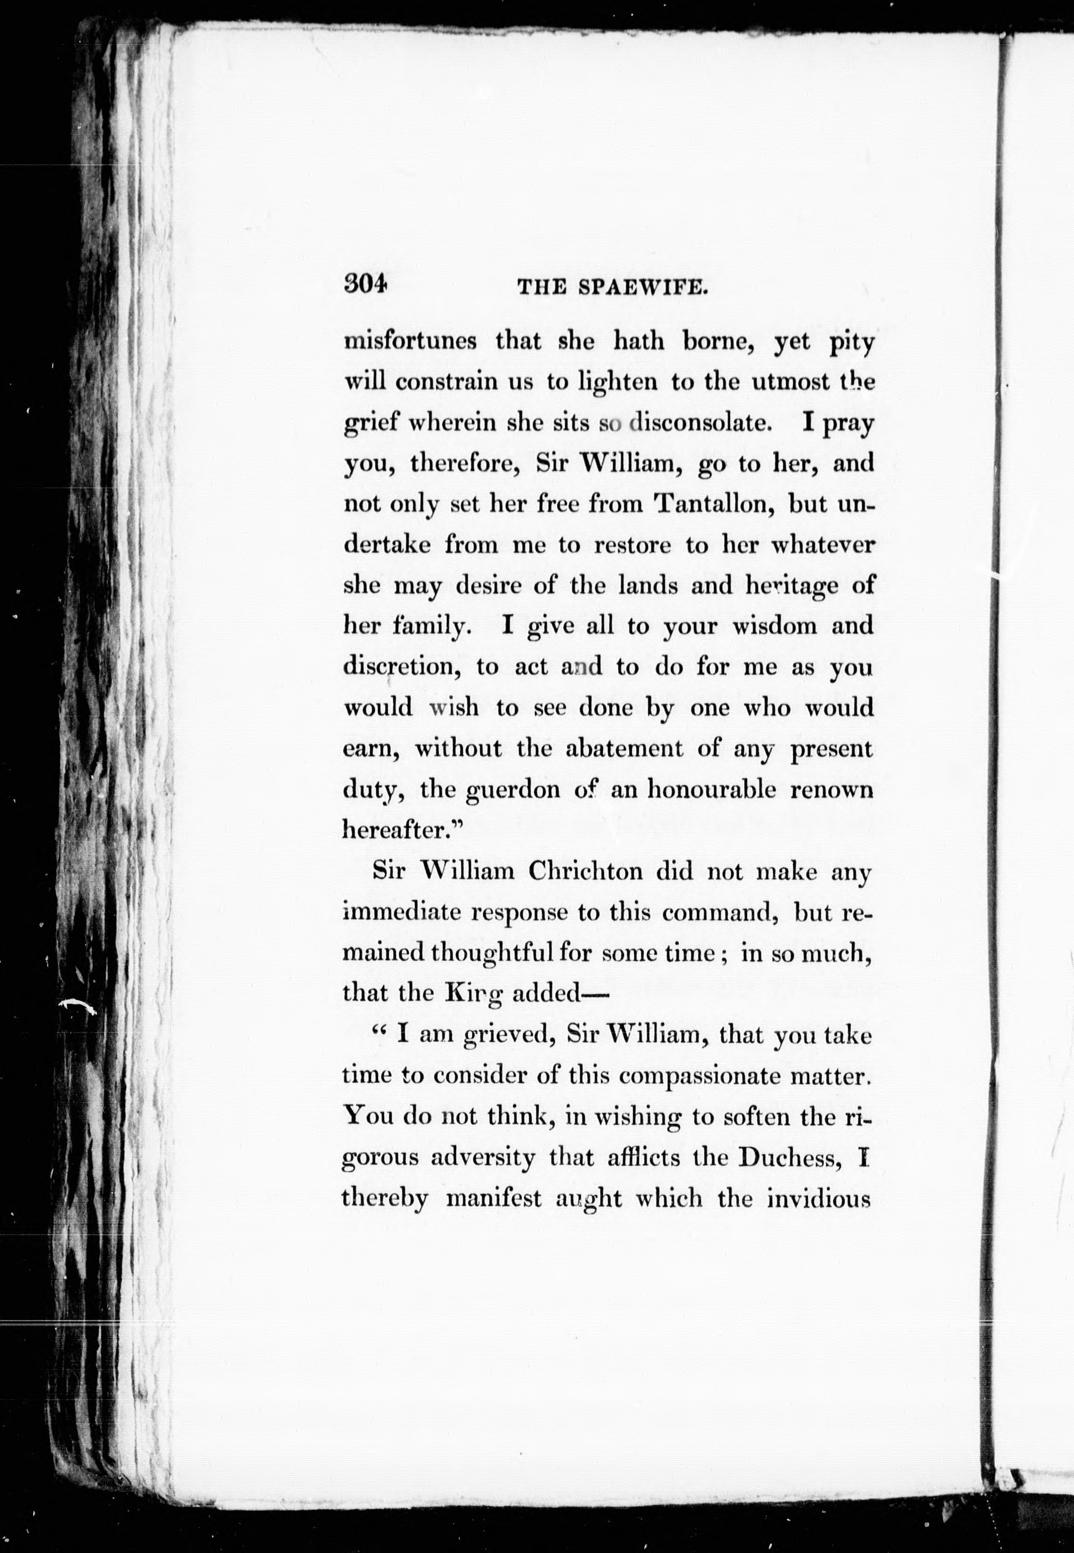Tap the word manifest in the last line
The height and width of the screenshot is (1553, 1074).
pos(494,1198)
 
